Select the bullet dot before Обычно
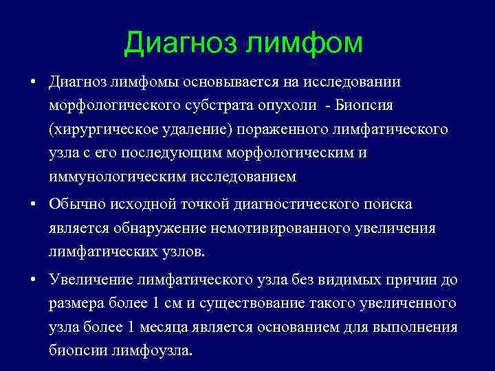point(33,205)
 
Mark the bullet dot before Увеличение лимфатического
point(33,280)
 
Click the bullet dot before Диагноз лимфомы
point(33,82)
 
